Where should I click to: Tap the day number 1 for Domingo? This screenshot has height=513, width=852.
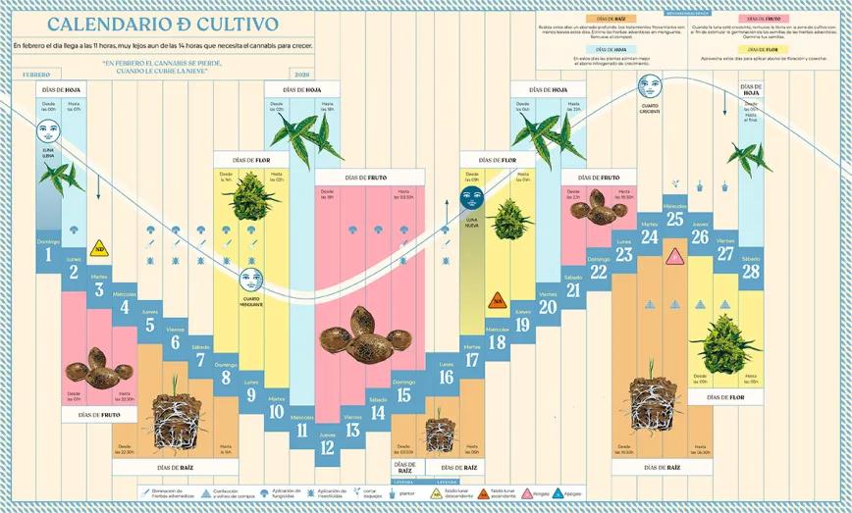pos(48,257)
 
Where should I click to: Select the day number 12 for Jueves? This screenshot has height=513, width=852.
pos(327,448)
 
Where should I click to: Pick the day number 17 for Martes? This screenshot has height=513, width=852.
pos(471,360)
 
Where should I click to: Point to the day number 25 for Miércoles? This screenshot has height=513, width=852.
pos(674,220)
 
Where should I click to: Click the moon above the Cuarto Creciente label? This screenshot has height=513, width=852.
pos(649,90)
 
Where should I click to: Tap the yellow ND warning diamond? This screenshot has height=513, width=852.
pos(99,248)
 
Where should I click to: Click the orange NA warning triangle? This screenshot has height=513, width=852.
pos(498,302)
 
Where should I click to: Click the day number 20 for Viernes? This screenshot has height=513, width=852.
pos(548,307)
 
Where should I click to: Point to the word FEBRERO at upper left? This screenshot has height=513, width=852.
pos(36,75)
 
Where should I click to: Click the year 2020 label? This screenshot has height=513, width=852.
pos(301,75)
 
